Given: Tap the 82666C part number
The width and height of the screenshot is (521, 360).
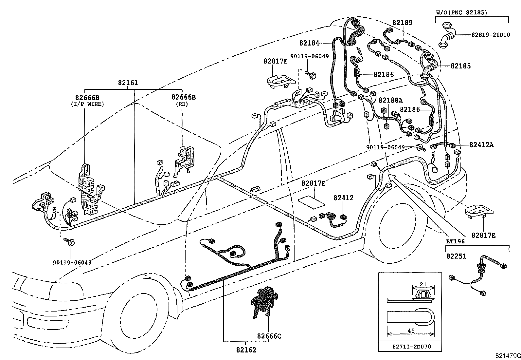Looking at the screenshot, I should click(x=269, y=336).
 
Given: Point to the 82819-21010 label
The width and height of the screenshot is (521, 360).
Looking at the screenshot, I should click(x=491, y=35).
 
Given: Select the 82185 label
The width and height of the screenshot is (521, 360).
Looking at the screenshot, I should click(x=460, y=66).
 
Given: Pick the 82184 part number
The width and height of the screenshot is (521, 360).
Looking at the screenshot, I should click(x=309, y=43).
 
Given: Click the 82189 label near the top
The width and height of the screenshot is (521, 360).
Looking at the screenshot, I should click(x=402, y=23).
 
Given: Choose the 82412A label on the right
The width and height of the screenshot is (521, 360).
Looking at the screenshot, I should click(x=481, y=144).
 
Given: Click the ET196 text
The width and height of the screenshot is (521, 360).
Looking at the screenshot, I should click(x=455, y=241).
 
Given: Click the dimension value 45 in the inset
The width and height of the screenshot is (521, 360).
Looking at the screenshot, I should click(x=411, y=331).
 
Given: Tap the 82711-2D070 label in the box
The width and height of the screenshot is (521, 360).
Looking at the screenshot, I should click(x=411, y=346).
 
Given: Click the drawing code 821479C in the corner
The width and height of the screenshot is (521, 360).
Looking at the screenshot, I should click(x=507, y=355).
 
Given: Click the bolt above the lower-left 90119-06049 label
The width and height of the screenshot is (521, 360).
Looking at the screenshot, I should click(x=70, y=242).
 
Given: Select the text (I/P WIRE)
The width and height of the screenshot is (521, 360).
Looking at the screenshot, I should click(x=87, y=104).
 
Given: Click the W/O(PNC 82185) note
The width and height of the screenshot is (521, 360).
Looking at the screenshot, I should click(x=461, y=12).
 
